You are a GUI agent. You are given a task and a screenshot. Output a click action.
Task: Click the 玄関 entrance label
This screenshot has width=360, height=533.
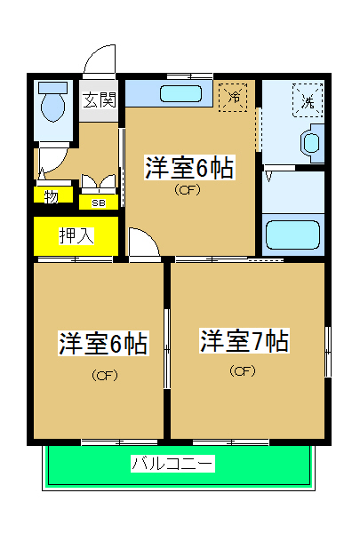[100, 100]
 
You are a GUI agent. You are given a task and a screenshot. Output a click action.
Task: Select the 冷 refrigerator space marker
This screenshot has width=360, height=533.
[235, 96]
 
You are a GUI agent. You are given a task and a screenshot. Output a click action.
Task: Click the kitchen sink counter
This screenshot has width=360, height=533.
[169, 93]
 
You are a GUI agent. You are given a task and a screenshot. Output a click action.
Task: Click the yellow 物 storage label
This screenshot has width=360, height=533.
[52, 195]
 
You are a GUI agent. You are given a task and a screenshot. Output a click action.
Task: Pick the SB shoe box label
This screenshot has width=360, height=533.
[98, 202]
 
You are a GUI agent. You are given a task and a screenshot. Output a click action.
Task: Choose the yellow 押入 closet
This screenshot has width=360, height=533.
[76, 235]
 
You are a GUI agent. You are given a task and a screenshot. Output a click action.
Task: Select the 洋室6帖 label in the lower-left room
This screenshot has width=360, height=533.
[102, 343]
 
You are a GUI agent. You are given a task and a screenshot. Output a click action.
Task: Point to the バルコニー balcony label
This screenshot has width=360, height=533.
[172, 463]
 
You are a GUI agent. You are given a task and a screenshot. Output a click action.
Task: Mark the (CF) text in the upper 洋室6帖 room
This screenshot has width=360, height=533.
[187, 189]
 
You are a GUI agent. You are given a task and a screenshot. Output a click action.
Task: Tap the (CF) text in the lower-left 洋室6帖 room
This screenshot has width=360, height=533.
[103, 374]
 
